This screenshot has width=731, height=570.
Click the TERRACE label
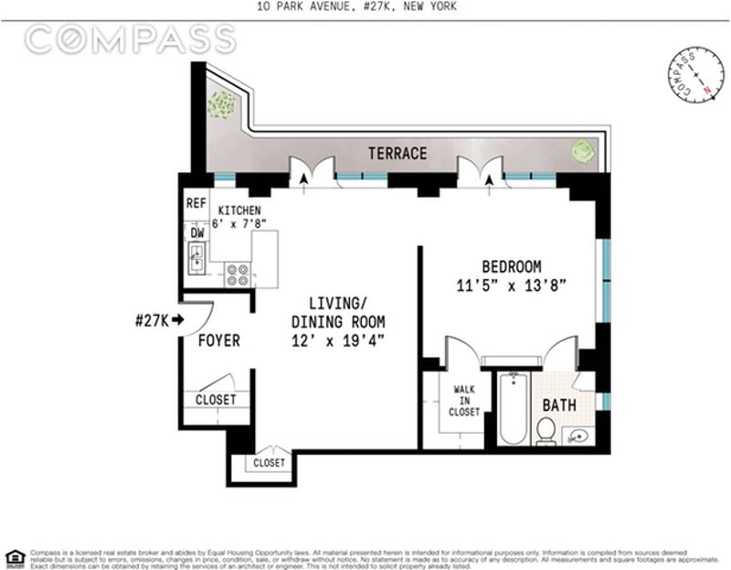coord(397,154)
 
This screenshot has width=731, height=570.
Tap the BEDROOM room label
coord(512,266)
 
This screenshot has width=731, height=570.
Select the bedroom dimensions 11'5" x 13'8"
coord(512,285)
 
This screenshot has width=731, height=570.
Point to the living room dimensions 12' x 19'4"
coord(337,340)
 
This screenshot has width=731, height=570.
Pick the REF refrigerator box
coord(196,204)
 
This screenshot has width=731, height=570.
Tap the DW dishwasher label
coord(196,232)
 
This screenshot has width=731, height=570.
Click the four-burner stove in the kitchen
coord(238,274)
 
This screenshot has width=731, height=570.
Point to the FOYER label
coord(219,341)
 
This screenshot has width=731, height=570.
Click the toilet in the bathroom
coord(546,430)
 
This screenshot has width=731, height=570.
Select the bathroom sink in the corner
coord(577,435)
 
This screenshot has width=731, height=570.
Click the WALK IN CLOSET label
coord(464,400)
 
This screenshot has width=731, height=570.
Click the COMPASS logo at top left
coord(130,39)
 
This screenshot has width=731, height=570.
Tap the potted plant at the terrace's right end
coord(583,151)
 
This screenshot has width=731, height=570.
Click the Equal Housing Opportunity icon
coord(15,556)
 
